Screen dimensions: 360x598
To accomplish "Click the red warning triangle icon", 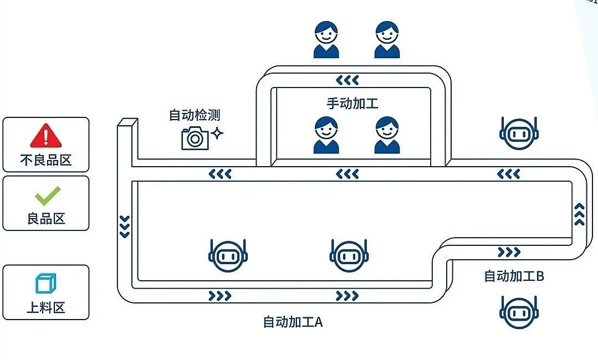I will [x=46, y=135].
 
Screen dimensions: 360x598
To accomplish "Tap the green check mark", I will [x=47, y=195].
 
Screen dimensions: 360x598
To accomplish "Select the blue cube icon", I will [x=45, y=284].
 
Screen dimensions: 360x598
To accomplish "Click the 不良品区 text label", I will [x=46, y=160].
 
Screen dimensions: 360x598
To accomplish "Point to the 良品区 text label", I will [x=46, y=218].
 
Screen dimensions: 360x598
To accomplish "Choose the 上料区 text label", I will [x=46, y=307].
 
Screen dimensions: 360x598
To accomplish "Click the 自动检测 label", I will [x=195, y=115].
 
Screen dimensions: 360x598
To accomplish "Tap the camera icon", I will [x=195, y=137].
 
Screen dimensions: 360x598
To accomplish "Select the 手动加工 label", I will [x=352, y=103].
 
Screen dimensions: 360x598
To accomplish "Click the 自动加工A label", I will [x=293, y=322].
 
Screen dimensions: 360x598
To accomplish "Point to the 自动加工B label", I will [x=514, y=276].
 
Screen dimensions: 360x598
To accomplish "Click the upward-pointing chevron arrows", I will [x=580, y=214].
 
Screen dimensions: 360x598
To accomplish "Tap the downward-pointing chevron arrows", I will [x=125, y=226].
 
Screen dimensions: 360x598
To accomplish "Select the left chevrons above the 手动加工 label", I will [x=347, y=80].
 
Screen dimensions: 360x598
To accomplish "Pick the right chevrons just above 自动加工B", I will [x=509, y=253].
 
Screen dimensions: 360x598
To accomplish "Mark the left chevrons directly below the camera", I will [x=220, y=174].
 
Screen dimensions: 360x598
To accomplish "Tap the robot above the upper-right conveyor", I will [x=519, y=133].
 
